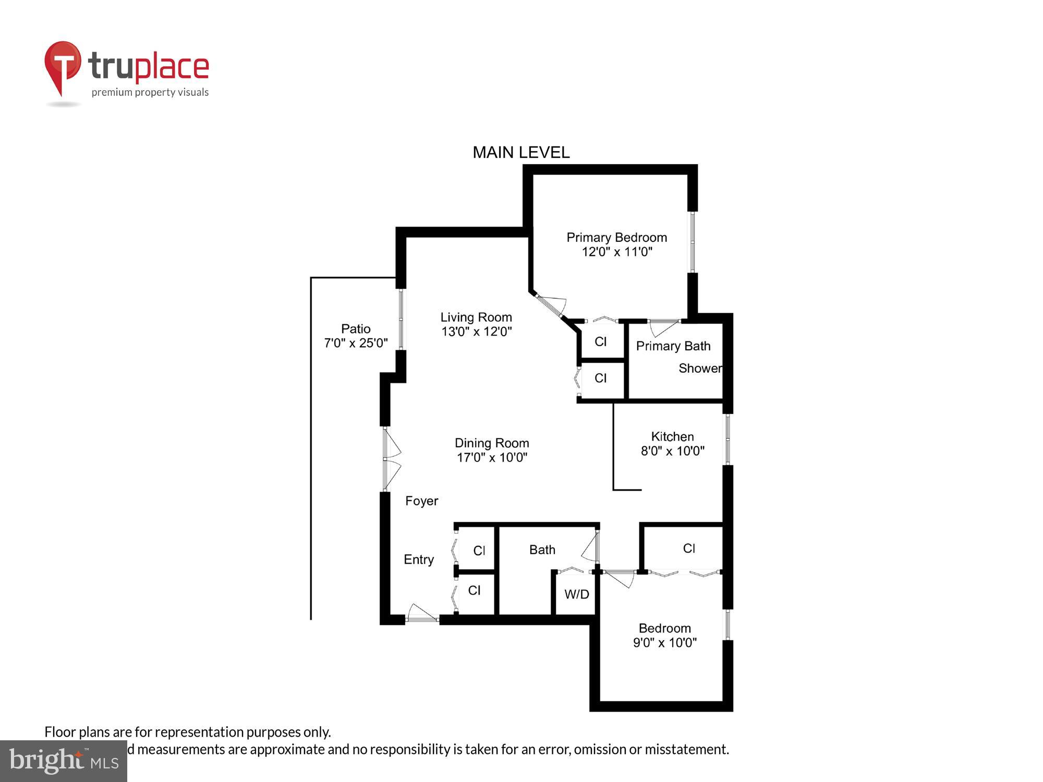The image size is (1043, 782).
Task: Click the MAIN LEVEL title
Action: (521, 152)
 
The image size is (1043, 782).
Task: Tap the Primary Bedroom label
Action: (616, 238)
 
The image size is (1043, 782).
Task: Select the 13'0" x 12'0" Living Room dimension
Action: (476, 332)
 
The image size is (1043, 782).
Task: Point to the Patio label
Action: (356, 329)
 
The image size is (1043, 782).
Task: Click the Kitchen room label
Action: (672, 437)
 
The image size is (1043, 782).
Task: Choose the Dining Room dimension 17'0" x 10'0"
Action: (492, 458)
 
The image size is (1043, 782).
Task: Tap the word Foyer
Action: (421, 501)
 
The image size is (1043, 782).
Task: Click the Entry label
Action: (419, 559)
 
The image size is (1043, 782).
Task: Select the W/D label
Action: (577, 594)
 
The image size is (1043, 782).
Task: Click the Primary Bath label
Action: (673, 346)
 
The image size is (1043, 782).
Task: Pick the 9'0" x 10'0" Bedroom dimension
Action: (664, 643)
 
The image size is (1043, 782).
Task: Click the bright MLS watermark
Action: (64, 761)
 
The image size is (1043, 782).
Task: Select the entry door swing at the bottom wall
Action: (422, 614)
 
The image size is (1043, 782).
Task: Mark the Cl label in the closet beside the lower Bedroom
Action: (689, 548)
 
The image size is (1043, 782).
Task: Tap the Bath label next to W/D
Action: (542, 550)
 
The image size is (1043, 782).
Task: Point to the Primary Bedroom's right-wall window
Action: (693, 242)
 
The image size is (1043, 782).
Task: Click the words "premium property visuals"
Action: (150, 93)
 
